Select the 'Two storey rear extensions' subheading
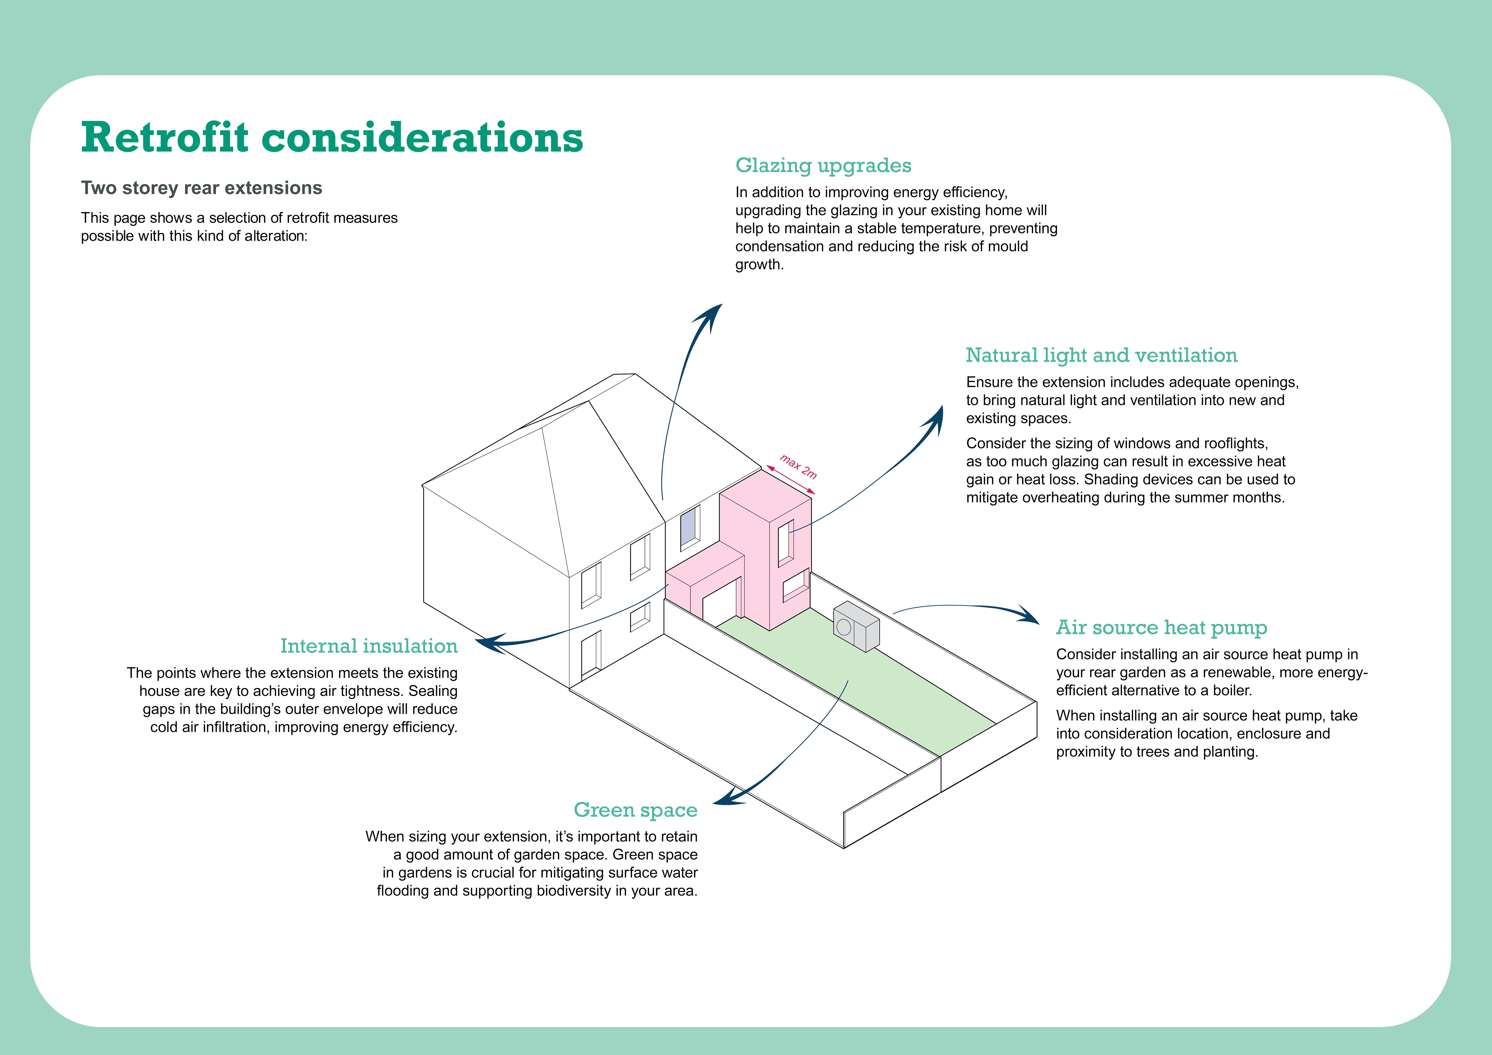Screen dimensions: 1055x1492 201,188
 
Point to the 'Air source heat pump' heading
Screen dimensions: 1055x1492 1161,628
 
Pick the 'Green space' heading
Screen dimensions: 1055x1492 635,810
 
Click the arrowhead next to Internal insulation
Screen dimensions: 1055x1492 489,643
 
